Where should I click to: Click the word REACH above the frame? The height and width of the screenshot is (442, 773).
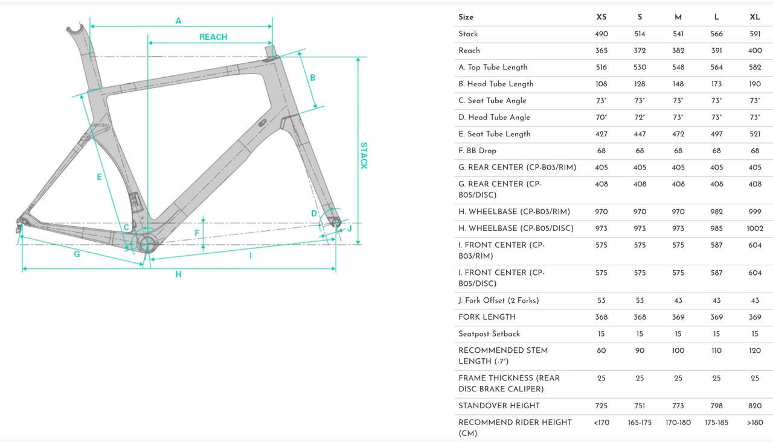[x=213, y=37]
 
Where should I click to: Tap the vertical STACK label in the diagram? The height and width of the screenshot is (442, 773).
[x=364, y=156]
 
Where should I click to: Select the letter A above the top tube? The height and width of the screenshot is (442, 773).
[x=178, y=21]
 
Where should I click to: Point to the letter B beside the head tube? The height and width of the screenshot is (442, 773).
[x=313, y=78]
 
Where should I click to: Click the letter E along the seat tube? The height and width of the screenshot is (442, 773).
[x=100, y=177]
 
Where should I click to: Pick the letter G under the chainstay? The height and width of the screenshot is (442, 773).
[x=77, y=254]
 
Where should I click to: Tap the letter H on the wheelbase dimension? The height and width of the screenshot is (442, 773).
[x=178, y=275]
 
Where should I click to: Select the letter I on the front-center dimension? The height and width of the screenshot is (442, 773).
[x=250, y=256]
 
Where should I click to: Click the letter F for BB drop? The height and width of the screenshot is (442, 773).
[x=197, y=233]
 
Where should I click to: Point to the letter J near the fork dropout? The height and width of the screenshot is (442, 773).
[x=349, y=229]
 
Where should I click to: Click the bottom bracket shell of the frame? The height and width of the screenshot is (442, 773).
[x=147, y=242]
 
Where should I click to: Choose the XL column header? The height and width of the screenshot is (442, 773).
[x=755, y=17]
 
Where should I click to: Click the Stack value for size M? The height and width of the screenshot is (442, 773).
[x=678, y=34]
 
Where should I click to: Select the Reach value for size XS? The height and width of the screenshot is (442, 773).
[x=601, y=51]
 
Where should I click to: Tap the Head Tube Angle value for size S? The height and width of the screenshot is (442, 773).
[x=640, y=118]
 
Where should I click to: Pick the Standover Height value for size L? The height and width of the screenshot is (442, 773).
[x=716, y=406]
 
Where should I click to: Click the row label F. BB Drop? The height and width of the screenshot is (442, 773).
[x=477, y=151]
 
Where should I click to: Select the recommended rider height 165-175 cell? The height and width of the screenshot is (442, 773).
[x=640, y=423]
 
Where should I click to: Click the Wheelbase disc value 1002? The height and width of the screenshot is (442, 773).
[x=755, y=229]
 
